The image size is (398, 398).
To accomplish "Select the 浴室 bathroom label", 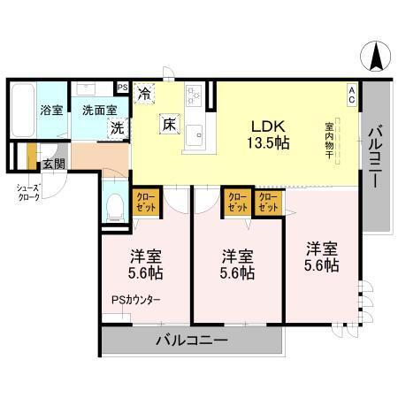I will [x=50, y=111].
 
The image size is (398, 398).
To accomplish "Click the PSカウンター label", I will [x=136, y=300].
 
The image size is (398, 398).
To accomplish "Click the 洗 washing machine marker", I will [x=117, y=126].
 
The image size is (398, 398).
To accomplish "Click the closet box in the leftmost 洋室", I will [x=145, y=203].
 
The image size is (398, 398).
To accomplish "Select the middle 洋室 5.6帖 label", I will [x=237, y=264].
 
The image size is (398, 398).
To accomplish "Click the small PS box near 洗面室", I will [x=122, y=87].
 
